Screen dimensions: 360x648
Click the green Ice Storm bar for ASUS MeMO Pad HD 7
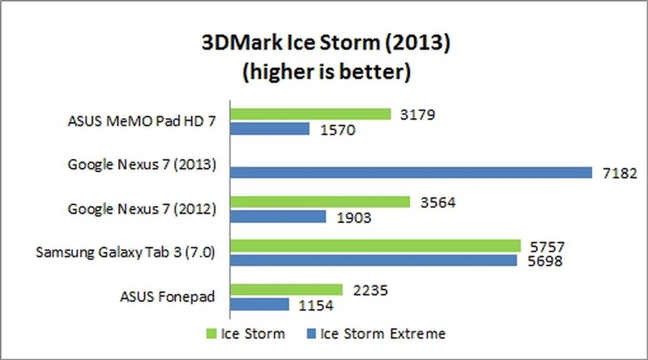tap(310, 114)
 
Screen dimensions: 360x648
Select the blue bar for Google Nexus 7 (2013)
tap(411, 172)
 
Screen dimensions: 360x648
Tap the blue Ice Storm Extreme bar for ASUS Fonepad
tap(260, 304)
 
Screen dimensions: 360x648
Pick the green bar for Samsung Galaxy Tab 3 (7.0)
tap(375, 246)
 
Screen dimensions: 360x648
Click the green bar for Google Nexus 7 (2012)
tap(320, 202)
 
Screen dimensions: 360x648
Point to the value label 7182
tap(620, 173)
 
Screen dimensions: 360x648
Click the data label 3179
tap(417, 115)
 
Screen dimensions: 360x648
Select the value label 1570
tap(337, 130)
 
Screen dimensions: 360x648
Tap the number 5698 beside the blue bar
tap(545, 261)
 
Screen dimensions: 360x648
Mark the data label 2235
tap(370, 290)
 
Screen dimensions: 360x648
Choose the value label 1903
tap(354, 218)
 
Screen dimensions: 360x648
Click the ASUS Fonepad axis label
tap(167, 297)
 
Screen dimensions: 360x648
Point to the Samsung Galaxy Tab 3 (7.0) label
tap(125, 252)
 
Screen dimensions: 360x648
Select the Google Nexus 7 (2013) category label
tap(142, 165)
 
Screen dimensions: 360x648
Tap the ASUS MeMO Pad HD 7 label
tap(142, 121)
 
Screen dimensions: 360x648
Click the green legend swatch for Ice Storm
tap(211, 334)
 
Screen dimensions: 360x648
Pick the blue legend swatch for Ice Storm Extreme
tap(311, 334)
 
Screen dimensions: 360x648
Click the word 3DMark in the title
tap(242, 43)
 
